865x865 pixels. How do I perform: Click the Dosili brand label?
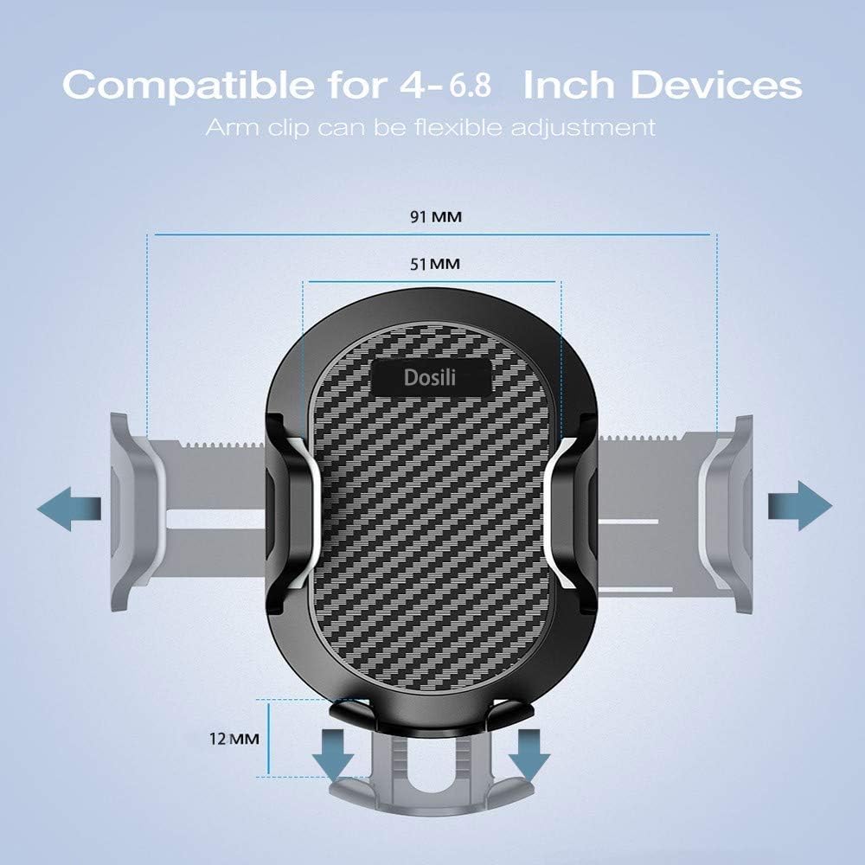pos(432,378)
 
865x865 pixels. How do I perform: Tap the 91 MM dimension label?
pos(435,217)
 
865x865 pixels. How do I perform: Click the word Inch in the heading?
pos(570,86)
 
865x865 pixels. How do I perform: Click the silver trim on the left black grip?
pos(310,510)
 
